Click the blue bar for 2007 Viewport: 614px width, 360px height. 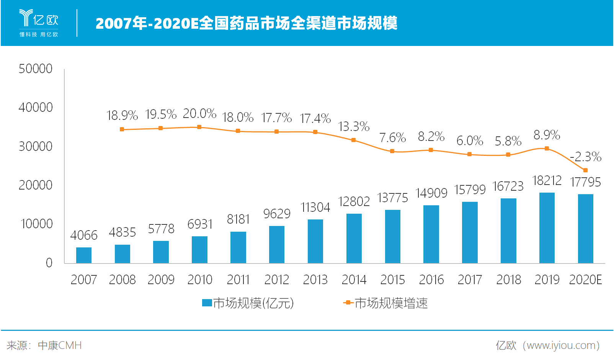[x=84, y=255]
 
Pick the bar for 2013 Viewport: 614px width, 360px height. [x=315, y=241]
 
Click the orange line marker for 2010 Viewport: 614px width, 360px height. [x=199, y=127]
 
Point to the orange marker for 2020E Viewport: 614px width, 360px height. [x=585, y=170]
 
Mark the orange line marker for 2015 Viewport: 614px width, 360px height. [x=392, y=151]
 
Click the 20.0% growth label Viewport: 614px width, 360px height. [x=199, y=114]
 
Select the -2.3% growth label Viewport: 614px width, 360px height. [x=586, y=157]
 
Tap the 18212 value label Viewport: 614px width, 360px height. [x=547, y=180]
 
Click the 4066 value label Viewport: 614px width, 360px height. [x=84, y=235]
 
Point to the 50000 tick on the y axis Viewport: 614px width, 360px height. [x=36, y=69]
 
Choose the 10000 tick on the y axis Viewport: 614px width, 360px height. [x=36, y=224]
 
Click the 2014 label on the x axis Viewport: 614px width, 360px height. [x=354, y=280]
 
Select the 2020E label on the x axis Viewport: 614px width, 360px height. [x=585, y=280]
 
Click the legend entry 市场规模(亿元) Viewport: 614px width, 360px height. [x=248, y=303]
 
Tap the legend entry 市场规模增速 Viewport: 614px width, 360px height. [x=386, y=303]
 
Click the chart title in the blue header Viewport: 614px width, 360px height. [x=247, y=23]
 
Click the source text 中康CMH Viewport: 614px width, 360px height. [x=60, y=345]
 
